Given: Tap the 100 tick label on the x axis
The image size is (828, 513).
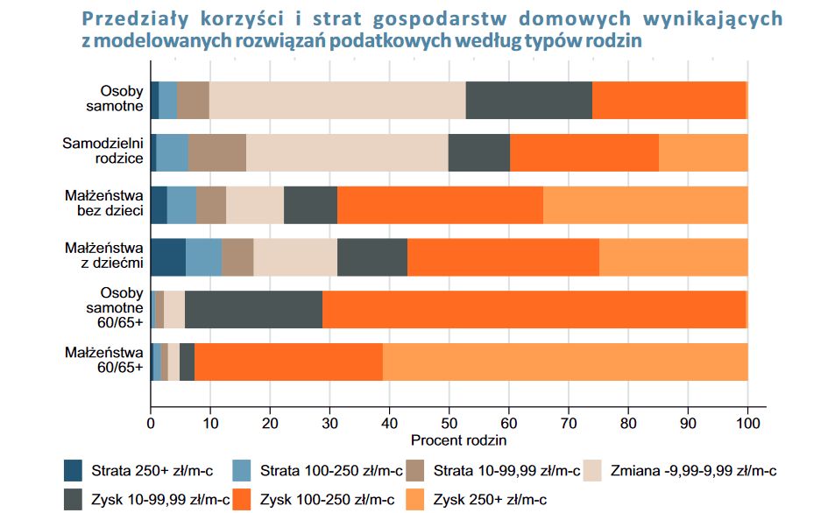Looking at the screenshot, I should tap(747, 422).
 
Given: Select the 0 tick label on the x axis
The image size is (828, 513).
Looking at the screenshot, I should tap(151, 422).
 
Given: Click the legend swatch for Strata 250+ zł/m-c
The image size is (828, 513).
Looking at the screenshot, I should tap(74, 471).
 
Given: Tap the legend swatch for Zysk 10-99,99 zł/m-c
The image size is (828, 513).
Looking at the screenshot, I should tap(74, 499).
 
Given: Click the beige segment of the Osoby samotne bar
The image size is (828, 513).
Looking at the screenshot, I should tap(337, 100).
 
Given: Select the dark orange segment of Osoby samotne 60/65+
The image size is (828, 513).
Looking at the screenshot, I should tap(534, 310).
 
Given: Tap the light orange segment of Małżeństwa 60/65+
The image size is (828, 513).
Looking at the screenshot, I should tap(565, 362).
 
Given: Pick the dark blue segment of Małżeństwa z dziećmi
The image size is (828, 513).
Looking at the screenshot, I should tap(168, 257).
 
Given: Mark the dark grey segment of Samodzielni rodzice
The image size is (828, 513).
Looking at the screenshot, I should tap(478, 152).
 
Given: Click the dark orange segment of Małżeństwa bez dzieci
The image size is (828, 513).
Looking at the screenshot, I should tap(440, 205).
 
